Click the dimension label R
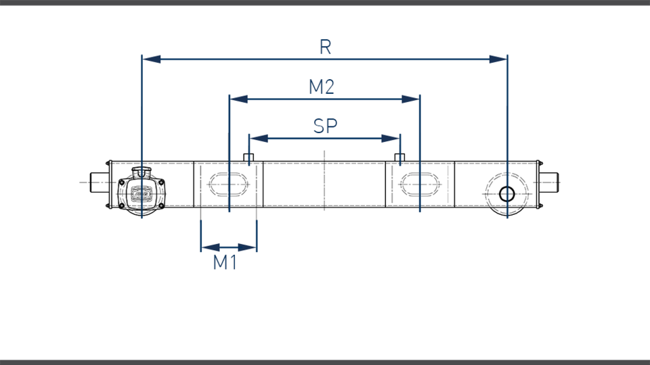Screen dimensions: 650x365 [326, 47]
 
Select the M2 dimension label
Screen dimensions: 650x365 [322, 87]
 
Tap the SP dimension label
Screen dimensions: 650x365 [326, 126]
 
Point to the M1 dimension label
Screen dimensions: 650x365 [225, 262]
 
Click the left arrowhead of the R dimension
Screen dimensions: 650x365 [151, 59]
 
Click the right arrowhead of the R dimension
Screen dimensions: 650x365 [498, 59]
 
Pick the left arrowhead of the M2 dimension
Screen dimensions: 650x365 [239, 99]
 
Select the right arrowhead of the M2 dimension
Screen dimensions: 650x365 [411, 99]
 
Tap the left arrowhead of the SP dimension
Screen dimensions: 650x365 [259, 138]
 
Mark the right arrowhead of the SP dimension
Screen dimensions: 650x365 [391, 138]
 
